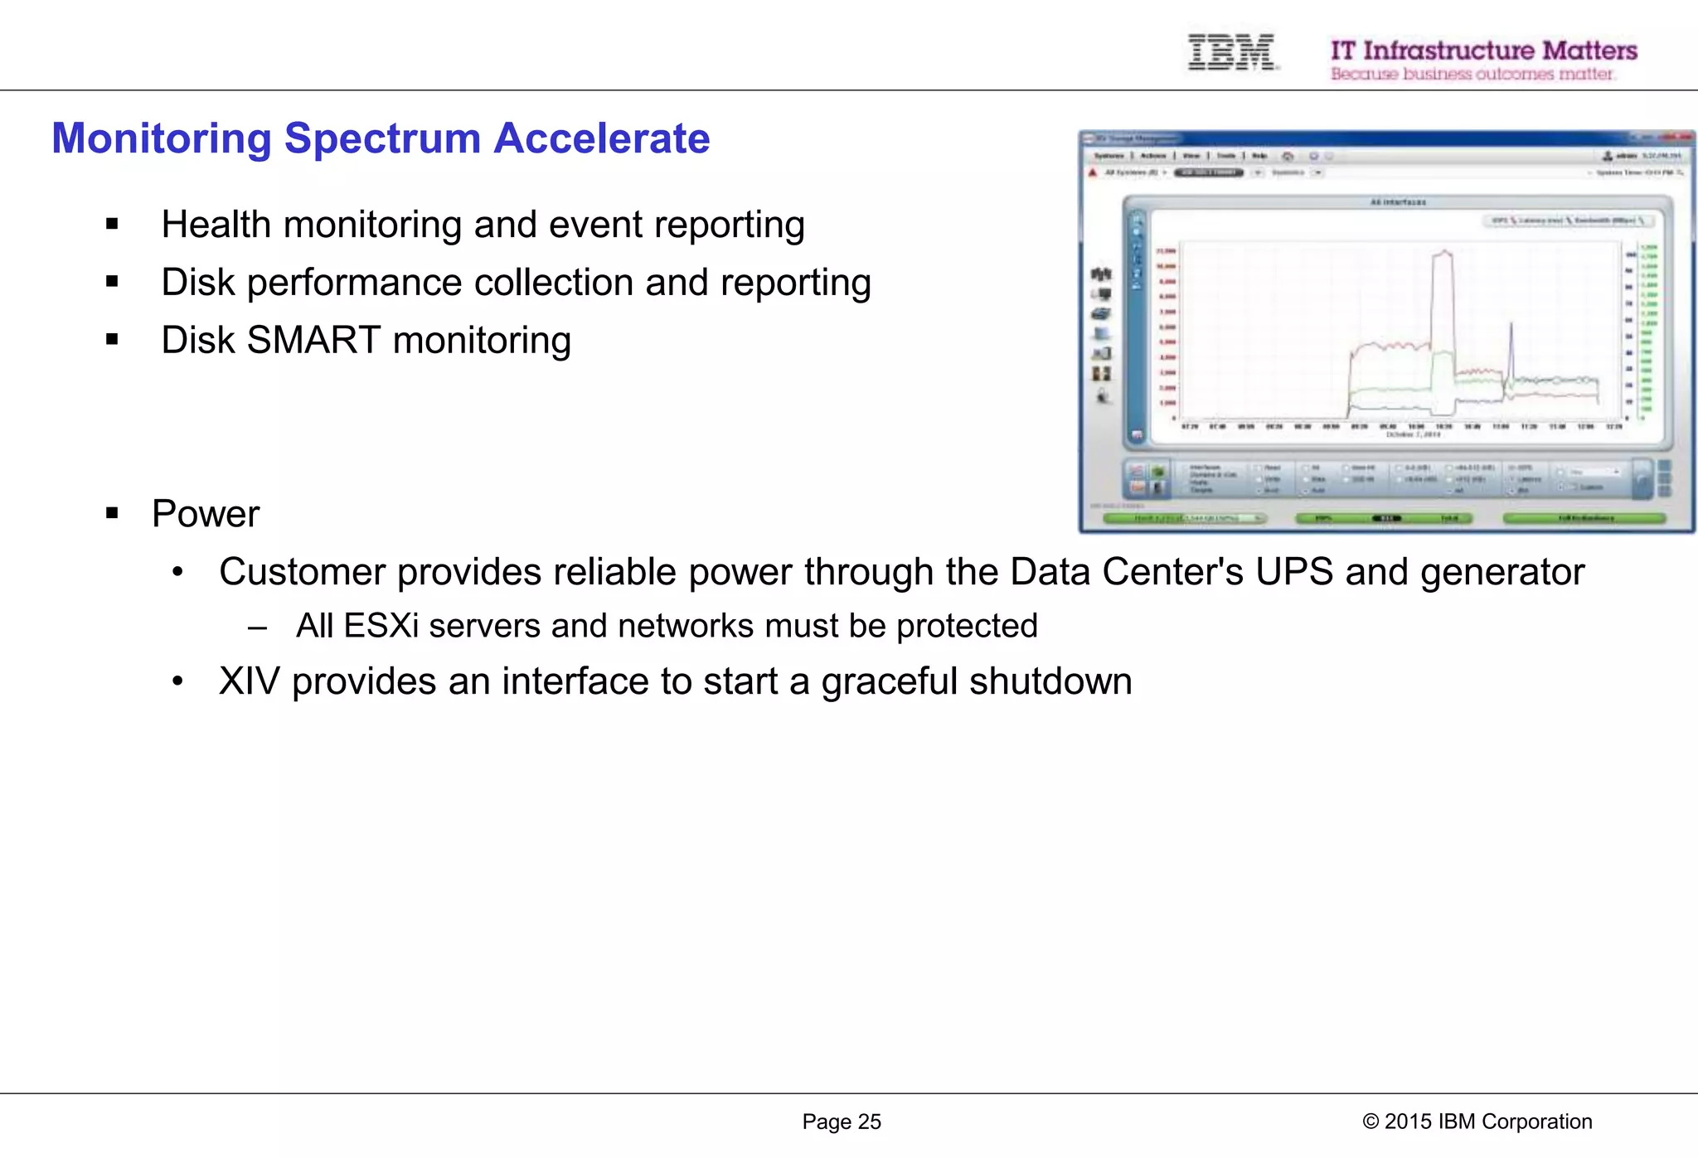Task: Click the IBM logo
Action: coord(1232,52)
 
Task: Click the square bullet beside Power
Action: coord(112,513)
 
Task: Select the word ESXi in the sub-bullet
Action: coord(381,626)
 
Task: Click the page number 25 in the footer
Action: coord(869,1122)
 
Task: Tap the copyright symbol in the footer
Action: coord(1370,1122)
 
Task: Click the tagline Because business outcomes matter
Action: coord(1472,75)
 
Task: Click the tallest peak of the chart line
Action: coord(1443,251)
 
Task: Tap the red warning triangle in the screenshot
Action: coord(1093,172)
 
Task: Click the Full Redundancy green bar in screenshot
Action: coord(1584,518)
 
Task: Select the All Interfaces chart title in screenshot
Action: coord(1398,202)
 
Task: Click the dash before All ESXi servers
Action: coord(257,627)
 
